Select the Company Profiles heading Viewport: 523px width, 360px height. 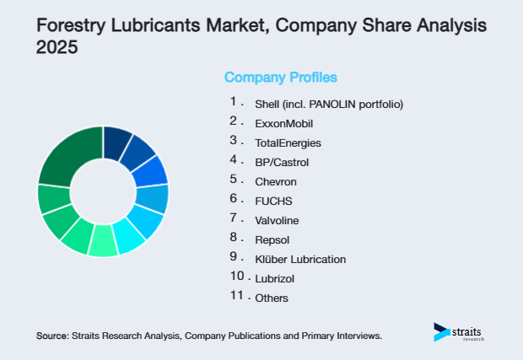(280, 78)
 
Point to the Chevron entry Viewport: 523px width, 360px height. (275, 182)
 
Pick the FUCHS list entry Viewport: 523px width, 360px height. (272, 201)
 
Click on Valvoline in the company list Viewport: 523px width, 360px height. (277, 221)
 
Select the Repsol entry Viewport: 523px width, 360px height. (273, 240)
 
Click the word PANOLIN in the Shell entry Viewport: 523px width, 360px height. (336, 105)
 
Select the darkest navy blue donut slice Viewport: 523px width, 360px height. (116, 141)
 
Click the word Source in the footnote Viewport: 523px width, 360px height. (52, 336)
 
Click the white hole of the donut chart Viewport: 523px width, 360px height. (103, 191)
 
